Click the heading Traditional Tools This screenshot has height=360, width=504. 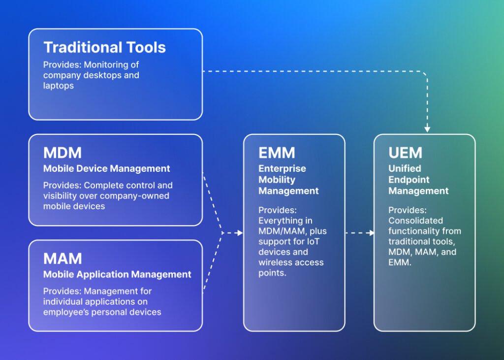pyautogui.click(x=104, y=47)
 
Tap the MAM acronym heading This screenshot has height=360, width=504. pyautogui.click(x=63, y=259)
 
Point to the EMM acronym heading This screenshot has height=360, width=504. pyautogui.click(x=276, y=153)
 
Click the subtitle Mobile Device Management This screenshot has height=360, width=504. pyautogui.click(x=106, y=168)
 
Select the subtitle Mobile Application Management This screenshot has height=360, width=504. pyautogui.click(x=117, y=274)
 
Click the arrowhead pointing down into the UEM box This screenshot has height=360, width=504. pyautogui.click(x=427, y=129)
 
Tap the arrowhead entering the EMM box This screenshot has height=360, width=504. pyautogui.click(x=240, y=232)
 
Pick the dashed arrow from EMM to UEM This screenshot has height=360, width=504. pyautogui.click(x=360, y=232)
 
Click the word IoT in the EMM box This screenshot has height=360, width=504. pyautogui.click(x=321, y=241)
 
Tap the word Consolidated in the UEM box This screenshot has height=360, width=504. pyautogui.click(x=415, y=221)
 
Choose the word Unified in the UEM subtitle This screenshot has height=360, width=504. pyautogui.click(x=405, y=168)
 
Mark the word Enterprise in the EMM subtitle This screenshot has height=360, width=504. pyautogui.click(x=282, y=168)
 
